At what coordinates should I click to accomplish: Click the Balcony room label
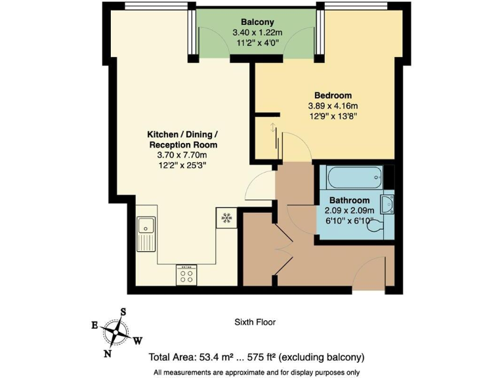pyautogui.click(x=257, y=21)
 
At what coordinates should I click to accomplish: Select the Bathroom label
pyautogui.click(x=349, y=200)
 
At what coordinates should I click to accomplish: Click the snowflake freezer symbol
pyautogui.click(x=225, y=217)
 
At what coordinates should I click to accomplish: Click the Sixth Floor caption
pyautogui.click(x=255, y=322)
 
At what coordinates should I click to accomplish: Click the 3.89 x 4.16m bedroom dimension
pyautogui.click(x=333, y=106)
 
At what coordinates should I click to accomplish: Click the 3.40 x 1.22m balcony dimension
pyautogui.click(x=257, y=31)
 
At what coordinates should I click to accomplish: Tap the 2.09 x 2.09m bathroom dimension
pyautogui.click(x=349, y=211)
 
